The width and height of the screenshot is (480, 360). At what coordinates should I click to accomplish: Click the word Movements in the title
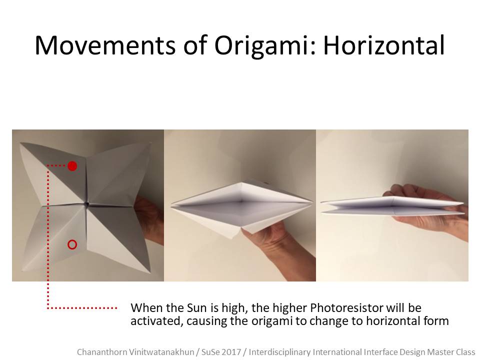tap(105, 45)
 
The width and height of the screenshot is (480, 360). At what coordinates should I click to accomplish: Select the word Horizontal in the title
tap(384, 45)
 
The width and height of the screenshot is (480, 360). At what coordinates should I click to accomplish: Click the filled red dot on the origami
tap(72, 166)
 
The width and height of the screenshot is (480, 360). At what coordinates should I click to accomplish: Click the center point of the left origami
tap(87, 204)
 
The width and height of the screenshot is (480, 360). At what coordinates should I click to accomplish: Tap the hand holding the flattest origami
tap(428, 211)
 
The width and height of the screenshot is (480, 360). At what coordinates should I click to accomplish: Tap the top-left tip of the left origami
tap(20, 142)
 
